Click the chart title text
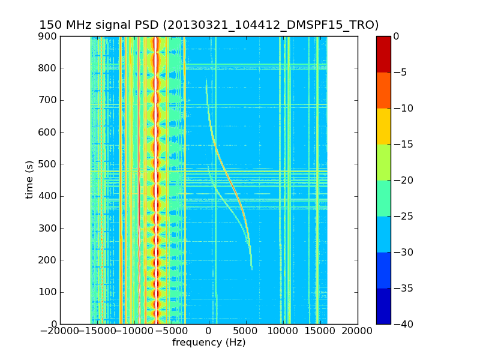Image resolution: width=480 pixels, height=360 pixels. [209, 25]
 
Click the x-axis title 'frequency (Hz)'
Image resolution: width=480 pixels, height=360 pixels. [209, 343]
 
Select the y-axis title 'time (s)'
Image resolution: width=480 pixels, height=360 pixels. [29, 180]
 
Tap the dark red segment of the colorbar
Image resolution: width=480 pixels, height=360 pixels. [383, 54]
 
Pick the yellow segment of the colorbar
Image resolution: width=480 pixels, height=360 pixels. [383, 126]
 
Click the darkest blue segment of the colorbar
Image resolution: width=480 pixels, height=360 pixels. [383, 306]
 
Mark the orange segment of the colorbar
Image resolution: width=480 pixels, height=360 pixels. [383, 90]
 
